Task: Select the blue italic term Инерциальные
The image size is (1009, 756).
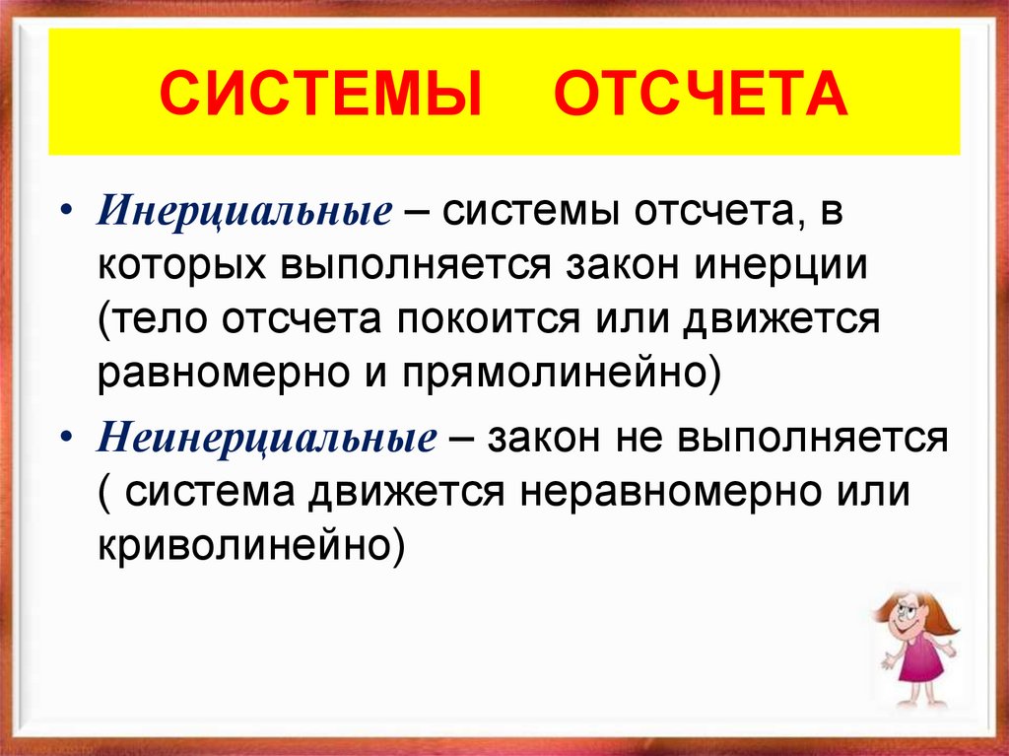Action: tap(245, 214)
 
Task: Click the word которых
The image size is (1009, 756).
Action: tap(180, 270)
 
